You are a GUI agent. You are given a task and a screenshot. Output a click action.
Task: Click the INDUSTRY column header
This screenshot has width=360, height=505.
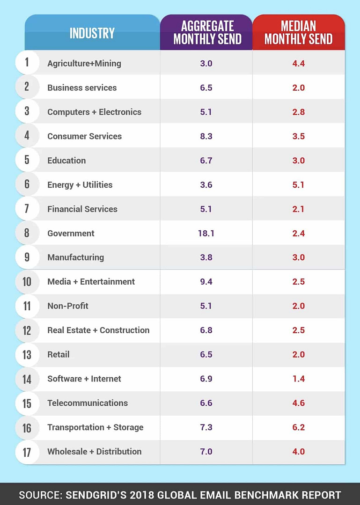(x=92, y=33)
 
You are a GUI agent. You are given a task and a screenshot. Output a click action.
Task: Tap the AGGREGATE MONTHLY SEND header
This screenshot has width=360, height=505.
(x=206, y=32)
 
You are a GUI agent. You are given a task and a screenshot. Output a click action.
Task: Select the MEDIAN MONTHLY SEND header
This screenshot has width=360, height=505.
(x=298, y=32)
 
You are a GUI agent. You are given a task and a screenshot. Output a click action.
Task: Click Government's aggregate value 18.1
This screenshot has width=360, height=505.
(x=206, y=233)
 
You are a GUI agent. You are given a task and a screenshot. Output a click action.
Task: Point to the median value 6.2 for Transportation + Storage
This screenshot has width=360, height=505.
(x=298, y=427)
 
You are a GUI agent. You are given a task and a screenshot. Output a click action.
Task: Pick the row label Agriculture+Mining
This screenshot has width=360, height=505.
(x=84, y=63)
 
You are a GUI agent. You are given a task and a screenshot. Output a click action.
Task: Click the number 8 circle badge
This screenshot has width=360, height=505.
(x=27, y=233)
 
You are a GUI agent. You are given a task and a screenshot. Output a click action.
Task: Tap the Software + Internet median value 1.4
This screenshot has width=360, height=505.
(x=298, y=379)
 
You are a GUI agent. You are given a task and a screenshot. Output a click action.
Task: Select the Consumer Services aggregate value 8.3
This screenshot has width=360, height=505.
(x=206, y=136)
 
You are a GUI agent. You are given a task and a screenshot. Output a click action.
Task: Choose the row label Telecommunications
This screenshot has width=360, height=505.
(x=88, y=403)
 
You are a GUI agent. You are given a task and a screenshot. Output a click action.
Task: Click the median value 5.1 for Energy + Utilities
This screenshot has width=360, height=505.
(x=298, y=185)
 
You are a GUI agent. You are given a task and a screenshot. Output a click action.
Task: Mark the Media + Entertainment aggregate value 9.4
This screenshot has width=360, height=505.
(x=206, y=282)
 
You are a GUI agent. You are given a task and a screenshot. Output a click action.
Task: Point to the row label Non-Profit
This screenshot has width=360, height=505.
(x=68, y=306)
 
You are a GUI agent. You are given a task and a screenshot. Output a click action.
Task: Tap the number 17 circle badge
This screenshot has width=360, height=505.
(x=27, y=452)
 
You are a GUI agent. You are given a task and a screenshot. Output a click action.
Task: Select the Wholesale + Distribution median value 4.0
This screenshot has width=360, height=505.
(x=298, y=452)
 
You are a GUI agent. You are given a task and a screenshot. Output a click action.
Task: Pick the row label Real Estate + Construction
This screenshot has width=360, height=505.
(x=98, y=330)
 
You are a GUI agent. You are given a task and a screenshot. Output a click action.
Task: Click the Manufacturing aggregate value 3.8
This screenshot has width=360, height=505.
(x=206, y=257)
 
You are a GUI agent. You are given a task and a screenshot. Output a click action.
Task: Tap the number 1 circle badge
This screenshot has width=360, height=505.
(x=27, y=63)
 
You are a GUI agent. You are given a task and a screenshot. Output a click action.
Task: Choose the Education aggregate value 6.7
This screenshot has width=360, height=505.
(x=206, y=161)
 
